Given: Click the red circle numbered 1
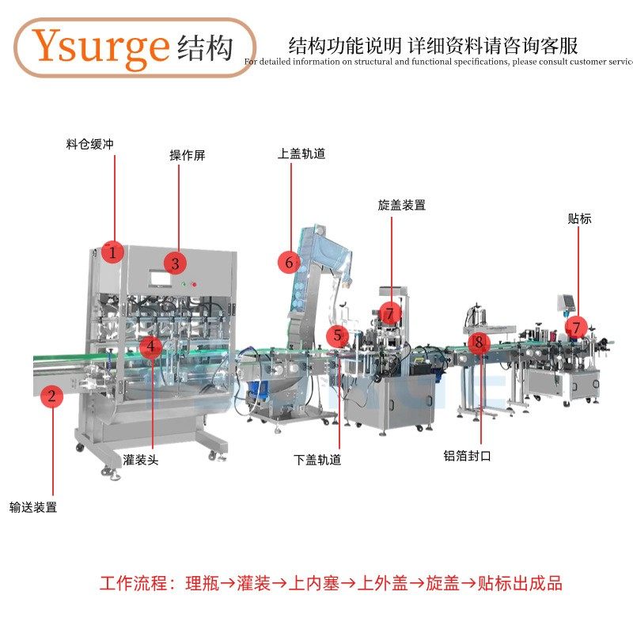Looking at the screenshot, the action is click(x=112, y=253).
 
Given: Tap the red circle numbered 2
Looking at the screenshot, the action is click(x=51, y=396).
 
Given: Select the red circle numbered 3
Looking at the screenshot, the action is click(x=175, y=263).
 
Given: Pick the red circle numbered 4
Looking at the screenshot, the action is click(x=150, y=347).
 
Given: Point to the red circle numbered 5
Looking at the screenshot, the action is click(x=338, y=335).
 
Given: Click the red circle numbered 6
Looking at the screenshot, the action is click(x=290, y=262).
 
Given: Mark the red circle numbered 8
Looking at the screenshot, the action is click(x=478, y=343).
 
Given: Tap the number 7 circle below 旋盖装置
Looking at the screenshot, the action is click(x=389, y=313).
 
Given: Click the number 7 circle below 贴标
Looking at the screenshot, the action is click(x=576, y=326).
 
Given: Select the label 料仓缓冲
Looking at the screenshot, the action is click(x=89, y=145).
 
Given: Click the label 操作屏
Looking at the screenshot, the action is click(x=187, y=156).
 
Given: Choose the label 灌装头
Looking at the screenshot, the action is click(x=140, y=460).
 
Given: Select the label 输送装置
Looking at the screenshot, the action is click(x=33, y=507).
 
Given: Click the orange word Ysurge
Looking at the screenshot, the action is click(x=101, y=47).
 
